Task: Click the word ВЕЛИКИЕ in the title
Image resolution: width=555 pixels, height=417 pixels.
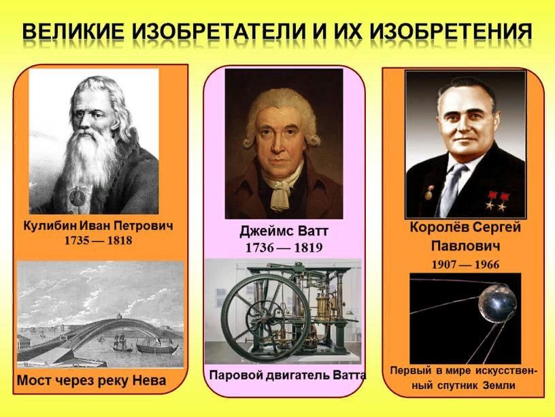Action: [73, 32]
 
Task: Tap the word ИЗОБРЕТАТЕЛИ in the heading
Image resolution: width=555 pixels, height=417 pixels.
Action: [219, 32]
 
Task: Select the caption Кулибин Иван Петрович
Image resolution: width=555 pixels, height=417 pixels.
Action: [98, 226]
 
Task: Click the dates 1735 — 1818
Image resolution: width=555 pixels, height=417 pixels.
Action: [98, 241]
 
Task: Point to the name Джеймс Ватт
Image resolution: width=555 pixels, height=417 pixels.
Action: [284, 231]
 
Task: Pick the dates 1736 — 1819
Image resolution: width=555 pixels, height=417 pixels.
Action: [284, 248]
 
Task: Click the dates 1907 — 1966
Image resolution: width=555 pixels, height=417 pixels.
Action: [465, 265]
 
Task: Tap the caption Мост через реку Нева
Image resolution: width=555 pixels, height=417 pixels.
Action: [92, 380]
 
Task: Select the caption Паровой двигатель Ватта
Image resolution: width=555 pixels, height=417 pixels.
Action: [288, 376]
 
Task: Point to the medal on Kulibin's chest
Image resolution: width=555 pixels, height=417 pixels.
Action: [75, 196]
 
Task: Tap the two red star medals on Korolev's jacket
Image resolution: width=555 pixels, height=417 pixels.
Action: [496, 201]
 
